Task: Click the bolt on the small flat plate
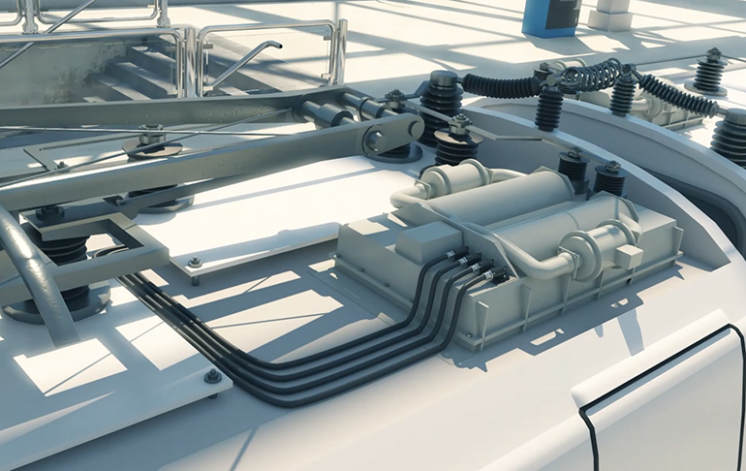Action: (x=195, y=262)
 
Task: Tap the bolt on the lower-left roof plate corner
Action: (x=212, y=376)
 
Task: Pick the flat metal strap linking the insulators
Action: (x=504, y=135)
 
